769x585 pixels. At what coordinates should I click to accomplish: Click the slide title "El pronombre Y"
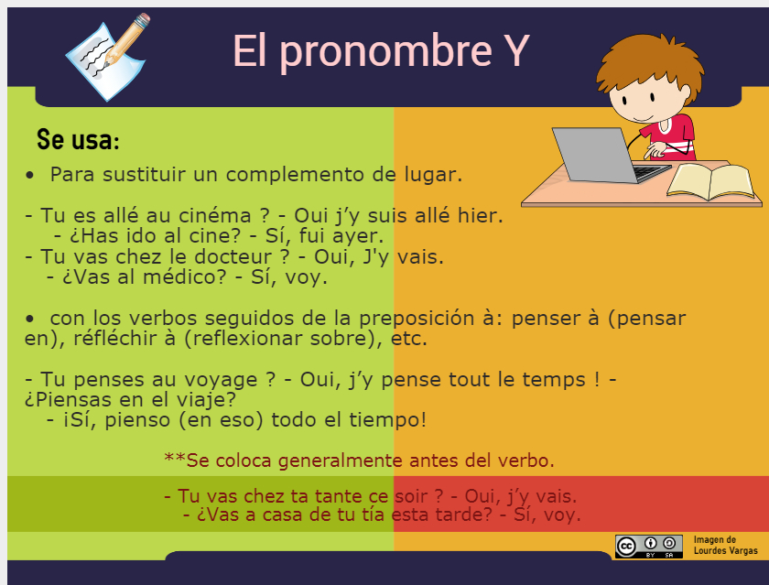click(x=380, y=51)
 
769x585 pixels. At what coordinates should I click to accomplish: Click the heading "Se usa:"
click(x=78, y=141)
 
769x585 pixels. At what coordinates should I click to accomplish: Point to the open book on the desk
click(x=710, y=180)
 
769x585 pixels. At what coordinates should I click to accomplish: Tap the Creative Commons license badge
click(x=648, y=546)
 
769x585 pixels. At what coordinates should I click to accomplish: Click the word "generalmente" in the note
click(x=342, y=460)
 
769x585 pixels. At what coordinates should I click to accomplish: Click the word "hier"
click(x=482, y=216)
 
